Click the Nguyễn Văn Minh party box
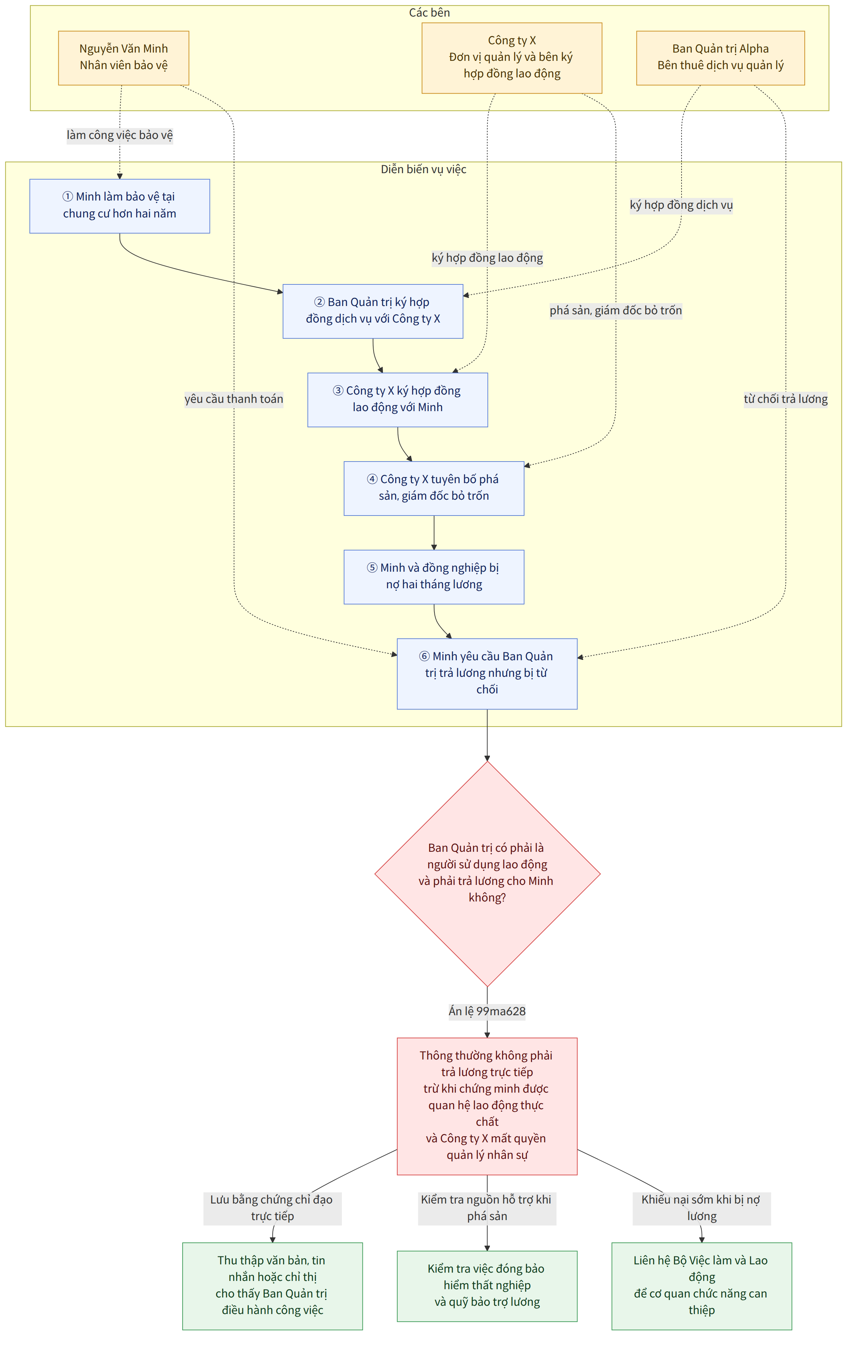pyautogui.click(x=124, y=58)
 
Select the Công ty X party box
pyautogui.click(x=512, y=58)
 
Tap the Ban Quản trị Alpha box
pyautogui.click(x=720, y=58)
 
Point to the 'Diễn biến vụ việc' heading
pyautogui.click(x=424, y=169)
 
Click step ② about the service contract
pyautogui.click(x=373, y=311)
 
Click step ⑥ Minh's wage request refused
pyautogui.click(x=487, y=674)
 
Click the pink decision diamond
pyautogui.click(x=487, y=874)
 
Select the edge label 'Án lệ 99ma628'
pyautogui.click(x=487, y=1011)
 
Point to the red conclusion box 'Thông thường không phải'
pyautogui.click(x=487, y=1106)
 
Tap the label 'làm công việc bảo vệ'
pyautogui.click(x=120, y=135)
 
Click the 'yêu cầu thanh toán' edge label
pyautogui.click(x=234, y=399)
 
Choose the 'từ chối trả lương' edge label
pyautogui.click(x=785, y=399)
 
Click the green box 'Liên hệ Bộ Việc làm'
pyautogui.click(x=701, y=1286)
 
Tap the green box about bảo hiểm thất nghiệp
pyautogui.click(x=487, y=1286)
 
